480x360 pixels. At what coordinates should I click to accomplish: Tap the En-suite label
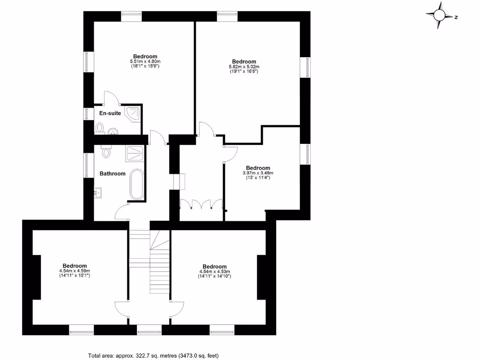coord(110,113)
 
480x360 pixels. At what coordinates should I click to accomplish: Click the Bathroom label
coord(112,173)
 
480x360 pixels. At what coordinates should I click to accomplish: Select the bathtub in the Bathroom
coord(137,184)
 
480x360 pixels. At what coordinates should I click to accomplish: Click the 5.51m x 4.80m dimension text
coord(145,61)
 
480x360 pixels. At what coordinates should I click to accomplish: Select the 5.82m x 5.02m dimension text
coord(244,67)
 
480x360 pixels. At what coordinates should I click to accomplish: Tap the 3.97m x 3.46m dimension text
coord(258,173)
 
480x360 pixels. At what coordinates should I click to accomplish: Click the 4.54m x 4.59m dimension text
coord(75,271)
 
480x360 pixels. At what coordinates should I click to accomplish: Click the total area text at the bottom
coord(153,355)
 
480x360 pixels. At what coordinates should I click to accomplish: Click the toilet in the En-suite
coord(99,127)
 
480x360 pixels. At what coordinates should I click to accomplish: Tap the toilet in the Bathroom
coord(106,151)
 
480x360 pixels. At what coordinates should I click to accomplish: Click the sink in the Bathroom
coord(98,192)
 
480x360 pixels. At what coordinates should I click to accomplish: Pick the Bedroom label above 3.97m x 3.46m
coord(258,168)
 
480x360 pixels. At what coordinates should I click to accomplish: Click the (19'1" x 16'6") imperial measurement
coord(244,71)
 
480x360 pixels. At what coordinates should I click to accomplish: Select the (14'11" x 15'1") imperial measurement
coord(75,276)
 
